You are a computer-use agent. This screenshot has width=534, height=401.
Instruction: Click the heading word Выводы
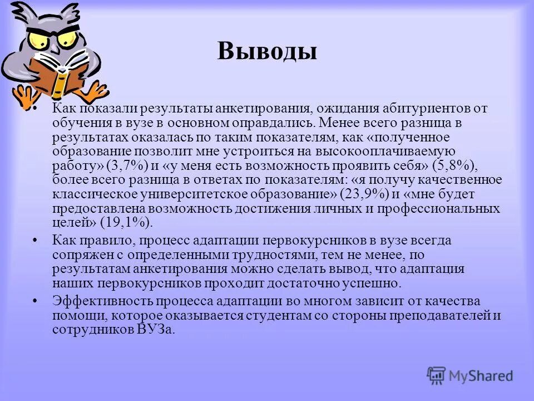click(267, 51)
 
